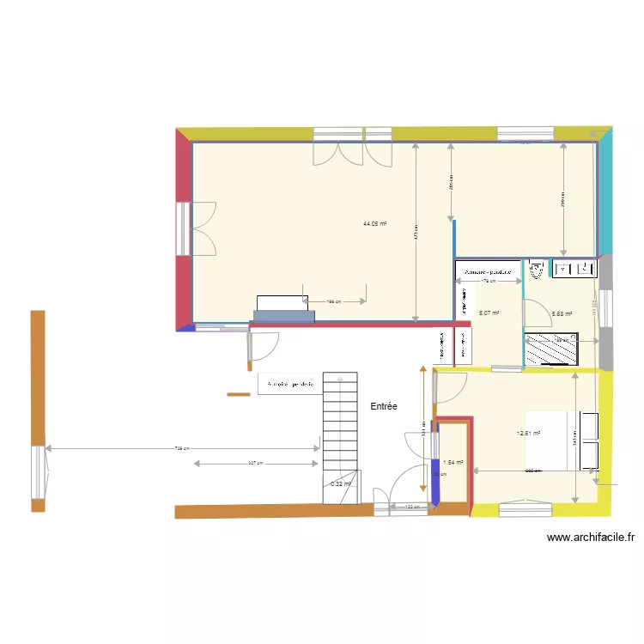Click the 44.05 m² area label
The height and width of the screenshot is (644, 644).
tap(374, 224)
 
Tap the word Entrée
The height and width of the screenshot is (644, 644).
tap(384, 406)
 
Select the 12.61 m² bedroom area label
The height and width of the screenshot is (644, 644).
tap(528, 434)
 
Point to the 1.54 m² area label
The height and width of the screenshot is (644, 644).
tap(453, 462)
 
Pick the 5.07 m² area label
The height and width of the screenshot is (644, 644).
tap(489, 313)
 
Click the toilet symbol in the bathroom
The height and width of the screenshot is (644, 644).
tap(538, 270)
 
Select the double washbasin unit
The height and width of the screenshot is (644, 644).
tap(574, 270)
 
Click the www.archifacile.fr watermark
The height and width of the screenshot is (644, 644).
tap(591, 538)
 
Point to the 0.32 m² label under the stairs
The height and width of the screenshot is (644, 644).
tap(341, 484)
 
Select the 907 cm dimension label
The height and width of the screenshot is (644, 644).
tap(255, 464)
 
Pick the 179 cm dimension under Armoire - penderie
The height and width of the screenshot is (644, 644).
tap(488, 281)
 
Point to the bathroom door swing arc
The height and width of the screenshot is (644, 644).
tap(538, 311)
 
